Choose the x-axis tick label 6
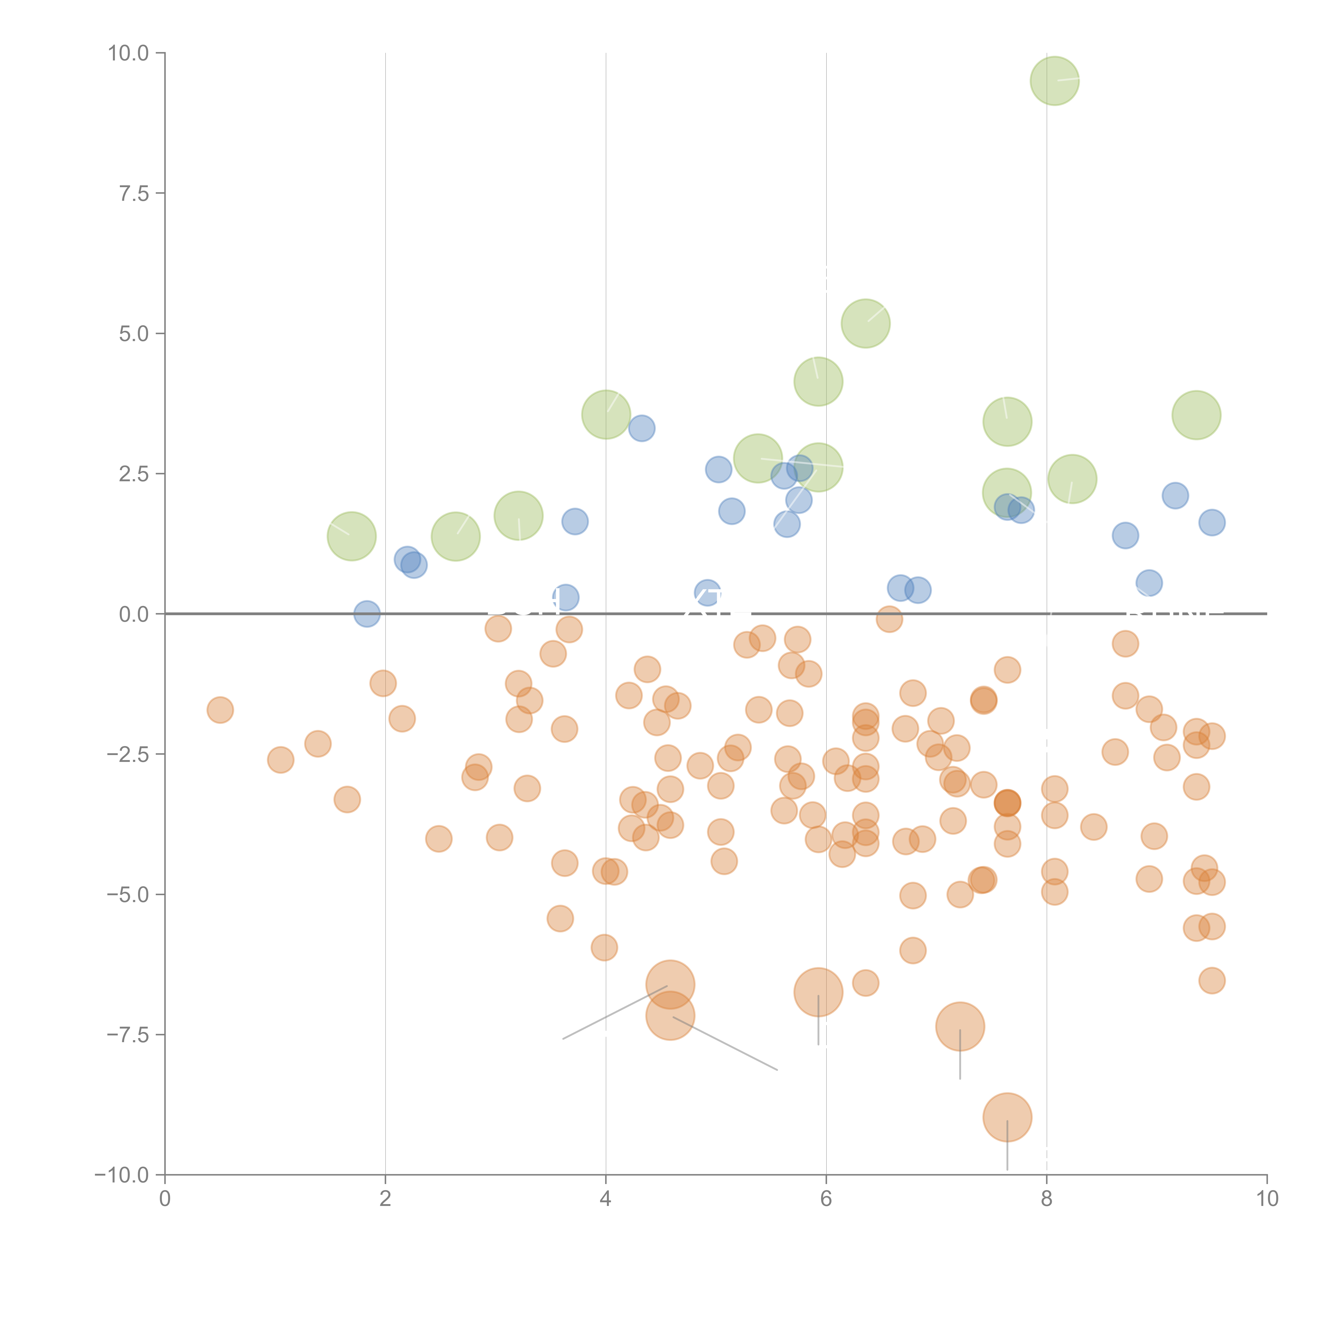point(826,1199)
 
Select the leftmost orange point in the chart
point(220,710)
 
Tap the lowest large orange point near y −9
point(1007,1117)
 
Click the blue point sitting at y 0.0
point(367,614)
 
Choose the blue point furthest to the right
point(1211,523)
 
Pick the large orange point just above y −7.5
point(960,1026)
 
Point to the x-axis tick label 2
point(385,1199)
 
